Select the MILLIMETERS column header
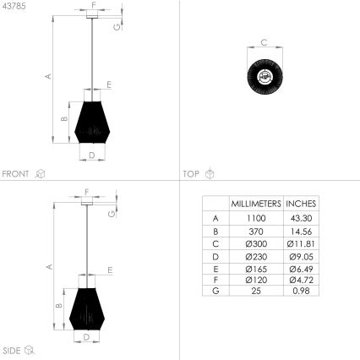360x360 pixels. pyautogui.click(x=256, y=204)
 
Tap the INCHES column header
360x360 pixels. pyautogui.click(x=301, y=204)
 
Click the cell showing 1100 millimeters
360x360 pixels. pyautogui.click(x=256, y=217)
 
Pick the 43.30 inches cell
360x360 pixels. pyautogui.click(x=301, y=217)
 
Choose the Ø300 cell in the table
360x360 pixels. pyautogui.click(x=256, y=242)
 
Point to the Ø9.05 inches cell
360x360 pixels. pyautogui.click(x=301, y=254)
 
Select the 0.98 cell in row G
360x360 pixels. pyautogui.click(x=301, y=291)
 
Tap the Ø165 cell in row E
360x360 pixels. pyautogui.click(x=256, y=266)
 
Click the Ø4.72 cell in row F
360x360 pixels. pyautogui.click(x=301, y=279)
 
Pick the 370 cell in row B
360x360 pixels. pyautogui.click(x=256, y=230)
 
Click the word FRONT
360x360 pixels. pyautogui.click(x=16, y=174)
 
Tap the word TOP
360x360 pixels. pyautogui.click(x=192, y=174)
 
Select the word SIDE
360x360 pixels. pyautogui.click(x=12, y=350)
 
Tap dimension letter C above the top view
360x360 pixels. pyautogui.click(x=265, y=41)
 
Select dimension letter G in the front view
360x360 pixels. pyautogui.click(x=116, y=26)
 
